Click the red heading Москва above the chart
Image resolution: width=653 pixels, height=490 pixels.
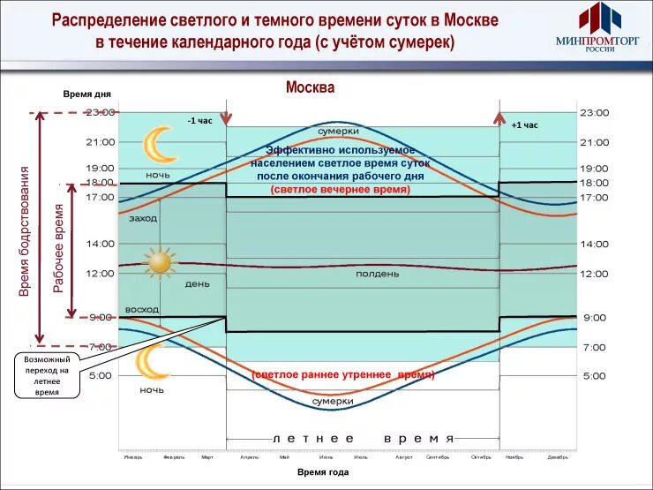point(311,88)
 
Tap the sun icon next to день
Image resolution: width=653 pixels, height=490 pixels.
point(160,262)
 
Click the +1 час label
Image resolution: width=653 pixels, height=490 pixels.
point(524,125)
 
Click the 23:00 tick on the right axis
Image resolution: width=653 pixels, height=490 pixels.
point(594,113)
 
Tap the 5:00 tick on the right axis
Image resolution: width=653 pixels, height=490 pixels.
point(594,376)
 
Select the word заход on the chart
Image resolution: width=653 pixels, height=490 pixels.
point(143,217)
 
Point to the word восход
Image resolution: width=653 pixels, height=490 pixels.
point(143,310)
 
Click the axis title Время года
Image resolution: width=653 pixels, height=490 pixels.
point(323,472)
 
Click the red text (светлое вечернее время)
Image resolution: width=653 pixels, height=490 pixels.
point(340,190)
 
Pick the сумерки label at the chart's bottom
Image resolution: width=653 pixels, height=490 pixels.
point(333,401)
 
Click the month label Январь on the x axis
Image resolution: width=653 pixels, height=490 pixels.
point(133,457)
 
